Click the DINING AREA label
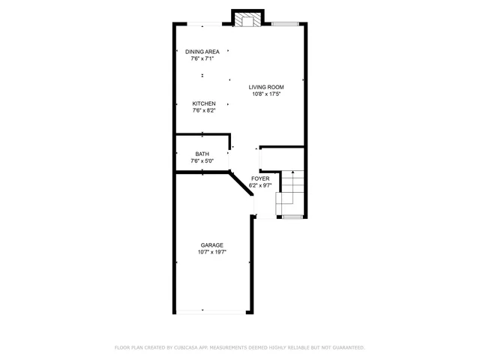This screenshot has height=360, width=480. (x=202, y=51)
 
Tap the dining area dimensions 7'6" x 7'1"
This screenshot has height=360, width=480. (x=202, y=58)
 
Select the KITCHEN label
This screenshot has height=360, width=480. (x=204, y=103)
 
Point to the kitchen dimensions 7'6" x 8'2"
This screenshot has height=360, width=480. (x=204, y=111)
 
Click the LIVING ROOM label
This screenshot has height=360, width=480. (x=266, y=87)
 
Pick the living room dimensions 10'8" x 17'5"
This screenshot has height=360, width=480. (x=266, y=94)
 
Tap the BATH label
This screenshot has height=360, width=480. (x=202, y=154)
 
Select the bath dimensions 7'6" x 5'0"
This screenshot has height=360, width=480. (x=202, y=161)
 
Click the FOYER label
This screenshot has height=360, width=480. (x=260, y=178)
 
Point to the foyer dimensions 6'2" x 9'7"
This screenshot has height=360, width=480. (x=260, y=185)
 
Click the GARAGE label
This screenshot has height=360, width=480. (x=211, y=245)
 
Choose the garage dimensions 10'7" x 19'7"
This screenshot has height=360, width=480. (x=211, y=253)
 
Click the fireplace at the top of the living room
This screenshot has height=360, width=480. (x=247, y=19)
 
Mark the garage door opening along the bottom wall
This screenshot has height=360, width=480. (x=211, y=313)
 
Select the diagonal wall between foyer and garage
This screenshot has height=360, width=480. (x=241, y=184)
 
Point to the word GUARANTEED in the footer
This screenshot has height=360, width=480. (x=347, y=348)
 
